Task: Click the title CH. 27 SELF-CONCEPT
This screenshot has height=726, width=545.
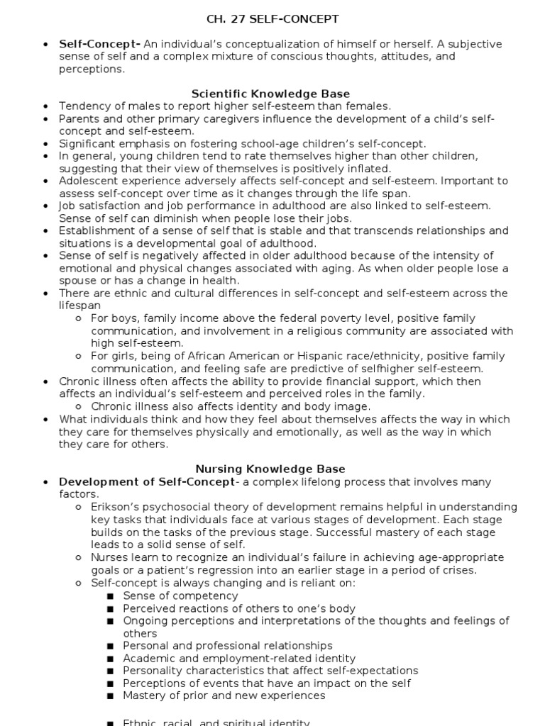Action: pos(272,18)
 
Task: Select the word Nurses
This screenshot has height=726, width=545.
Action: pos(108,557)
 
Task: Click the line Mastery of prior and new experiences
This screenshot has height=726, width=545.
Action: pos(224,696)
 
